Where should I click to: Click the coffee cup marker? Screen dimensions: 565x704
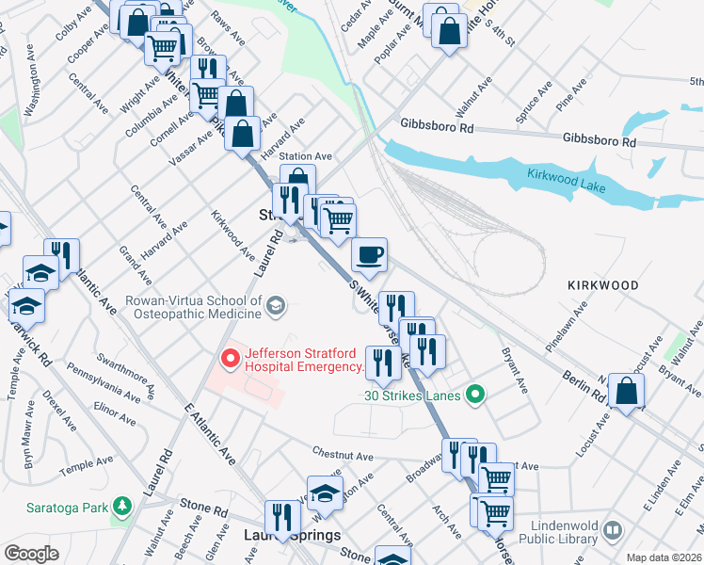[369, 253]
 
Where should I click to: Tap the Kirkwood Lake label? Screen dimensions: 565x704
[566, 182]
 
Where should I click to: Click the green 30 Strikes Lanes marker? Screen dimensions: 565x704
[475, 395]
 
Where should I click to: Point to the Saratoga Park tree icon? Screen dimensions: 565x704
[120, 507]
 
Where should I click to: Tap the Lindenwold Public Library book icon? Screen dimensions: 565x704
[613, 531]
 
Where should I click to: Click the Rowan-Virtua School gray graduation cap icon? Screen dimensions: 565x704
[275, 304]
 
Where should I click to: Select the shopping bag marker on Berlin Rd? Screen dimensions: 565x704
[626, 392]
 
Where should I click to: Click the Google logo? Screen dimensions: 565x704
[31, 554]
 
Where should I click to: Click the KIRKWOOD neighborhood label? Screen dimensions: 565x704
[602, 284]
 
